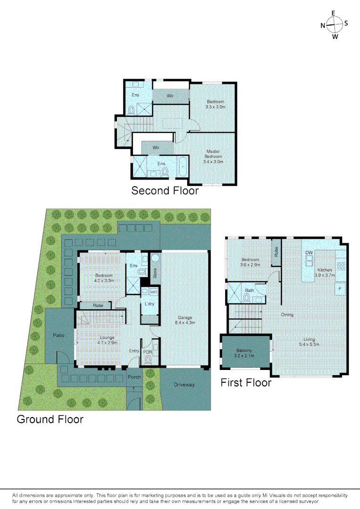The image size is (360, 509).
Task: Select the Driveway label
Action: tap(184, 385)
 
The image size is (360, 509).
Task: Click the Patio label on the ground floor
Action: tap(59, 335)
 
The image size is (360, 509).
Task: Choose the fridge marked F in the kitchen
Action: tap(339, 288)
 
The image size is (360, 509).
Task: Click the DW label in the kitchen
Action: tap(309, 253)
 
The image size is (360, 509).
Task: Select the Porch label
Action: tap(134, 377)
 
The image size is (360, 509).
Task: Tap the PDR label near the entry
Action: tap(147, 352)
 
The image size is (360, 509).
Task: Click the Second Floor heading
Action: tap(165, 191)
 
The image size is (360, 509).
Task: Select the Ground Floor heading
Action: tap(50, 419)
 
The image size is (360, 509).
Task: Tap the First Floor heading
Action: tap(246, 383)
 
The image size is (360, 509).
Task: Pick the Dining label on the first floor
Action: tap(287, 315)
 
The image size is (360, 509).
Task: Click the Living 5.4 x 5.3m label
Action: tap(309, 342)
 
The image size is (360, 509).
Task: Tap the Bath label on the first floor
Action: tap(249, 291)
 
